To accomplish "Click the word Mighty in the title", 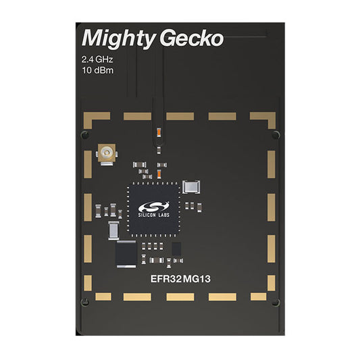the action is pos(119,38).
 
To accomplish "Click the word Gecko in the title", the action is pos(192,38).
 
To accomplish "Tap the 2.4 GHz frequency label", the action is pos(97,59).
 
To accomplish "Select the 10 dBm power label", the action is pos(97,70).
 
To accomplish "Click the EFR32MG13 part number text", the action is pos(180,279).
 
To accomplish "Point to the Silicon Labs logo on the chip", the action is pos(153,209).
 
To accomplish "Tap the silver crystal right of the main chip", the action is pos(191,186).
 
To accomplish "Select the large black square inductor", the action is pos(126,254).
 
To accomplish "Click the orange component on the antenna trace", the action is pos(159,132).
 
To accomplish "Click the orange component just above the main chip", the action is pos(159,174).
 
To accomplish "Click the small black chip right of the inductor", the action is pos(176,249).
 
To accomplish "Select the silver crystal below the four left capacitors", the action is pos(113,230).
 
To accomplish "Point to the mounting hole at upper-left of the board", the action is pos(85,135).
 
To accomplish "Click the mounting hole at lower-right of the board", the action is pos(276,303).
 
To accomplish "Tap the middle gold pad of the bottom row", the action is pos(180,297).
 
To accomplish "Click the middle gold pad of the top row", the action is pos(180,116).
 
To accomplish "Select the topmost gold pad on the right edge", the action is pos(272,164).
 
